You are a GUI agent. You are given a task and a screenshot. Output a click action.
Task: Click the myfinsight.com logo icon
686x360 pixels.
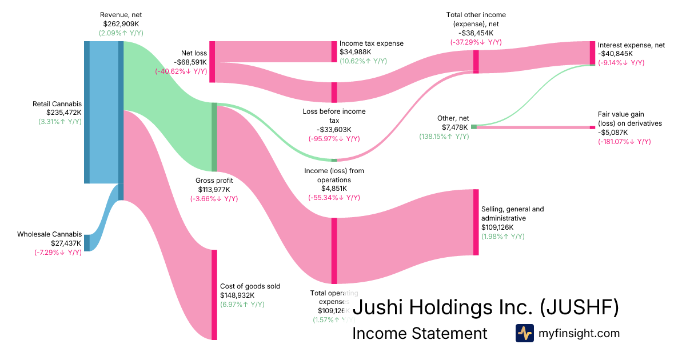(524, 333)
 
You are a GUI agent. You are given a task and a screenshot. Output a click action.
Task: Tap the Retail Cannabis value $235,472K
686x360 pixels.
(57, 113)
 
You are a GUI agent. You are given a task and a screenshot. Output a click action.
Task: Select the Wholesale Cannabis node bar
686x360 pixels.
(87, 243)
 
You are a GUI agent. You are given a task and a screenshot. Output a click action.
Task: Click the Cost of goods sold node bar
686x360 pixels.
(214, 295)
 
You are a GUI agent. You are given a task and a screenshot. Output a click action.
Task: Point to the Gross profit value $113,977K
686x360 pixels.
(214, 190)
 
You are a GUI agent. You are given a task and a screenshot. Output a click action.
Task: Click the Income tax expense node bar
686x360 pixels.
(334, 51)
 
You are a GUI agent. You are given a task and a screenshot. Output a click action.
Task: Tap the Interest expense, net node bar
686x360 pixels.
(592, 53)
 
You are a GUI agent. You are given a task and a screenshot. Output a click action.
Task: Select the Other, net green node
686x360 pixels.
(473, 126)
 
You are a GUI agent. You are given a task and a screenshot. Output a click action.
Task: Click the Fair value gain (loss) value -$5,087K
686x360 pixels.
(613, 133)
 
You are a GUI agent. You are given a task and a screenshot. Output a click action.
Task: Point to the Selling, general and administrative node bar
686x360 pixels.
(476, 222)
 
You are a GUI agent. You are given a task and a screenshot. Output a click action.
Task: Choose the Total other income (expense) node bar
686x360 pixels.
(476, 62)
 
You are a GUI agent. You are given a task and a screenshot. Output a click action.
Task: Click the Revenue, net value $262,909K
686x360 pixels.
(121, 24)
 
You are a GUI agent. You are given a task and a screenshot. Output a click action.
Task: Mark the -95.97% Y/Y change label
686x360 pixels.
(334, 138)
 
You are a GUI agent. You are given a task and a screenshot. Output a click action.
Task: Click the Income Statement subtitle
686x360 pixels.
(420, 334)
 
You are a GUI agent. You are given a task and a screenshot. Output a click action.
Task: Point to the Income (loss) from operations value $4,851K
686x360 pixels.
(334, 189)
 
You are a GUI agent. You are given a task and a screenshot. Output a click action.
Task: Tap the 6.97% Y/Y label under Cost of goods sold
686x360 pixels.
(242, 305)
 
